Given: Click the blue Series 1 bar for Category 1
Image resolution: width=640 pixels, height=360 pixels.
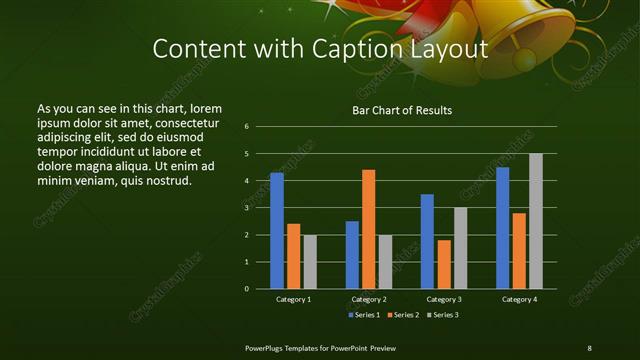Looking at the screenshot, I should tap(277, 231).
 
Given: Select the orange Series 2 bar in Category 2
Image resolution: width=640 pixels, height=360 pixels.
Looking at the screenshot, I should tap(368, 229).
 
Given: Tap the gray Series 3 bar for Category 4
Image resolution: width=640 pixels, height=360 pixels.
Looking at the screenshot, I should tap(535, 221).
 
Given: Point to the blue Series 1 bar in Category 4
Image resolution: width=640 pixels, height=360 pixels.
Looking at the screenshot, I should tap(502, 228).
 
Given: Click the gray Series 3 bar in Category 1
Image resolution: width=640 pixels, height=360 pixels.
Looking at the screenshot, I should tap(310, 262).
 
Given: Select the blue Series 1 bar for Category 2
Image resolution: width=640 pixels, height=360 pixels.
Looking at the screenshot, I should tap(352, 255).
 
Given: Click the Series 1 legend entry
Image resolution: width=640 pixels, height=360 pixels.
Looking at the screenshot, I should tap(362, 315).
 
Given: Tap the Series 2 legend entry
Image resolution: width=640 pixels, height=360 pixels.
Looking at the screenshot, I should tap(402, 315).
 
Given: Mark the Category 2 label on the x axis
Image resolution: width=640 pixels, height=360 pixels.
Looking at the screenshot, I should tap(368, 299).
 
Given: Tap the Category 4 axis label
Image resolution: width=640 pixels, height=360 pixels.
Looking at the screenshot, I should tap(519, 299).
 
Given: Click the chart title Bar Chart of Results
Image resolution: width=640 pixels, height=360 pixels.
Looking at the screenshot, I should tap(402, 110).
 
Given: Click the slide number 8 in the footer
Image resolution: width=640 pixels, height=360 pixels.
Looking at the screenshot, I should tap(589, 347).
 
